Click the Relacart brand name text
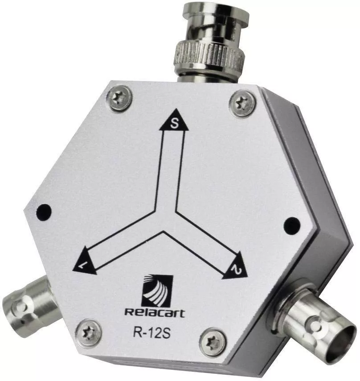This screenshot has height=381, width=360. (x=155, y=312)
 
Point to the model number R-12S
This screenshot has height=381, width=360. (x=151, y=332)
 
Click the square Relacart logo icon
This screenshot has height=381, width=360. (x=157, y=291)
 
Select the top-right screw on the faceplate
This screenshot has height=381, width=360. (x=242, y=103)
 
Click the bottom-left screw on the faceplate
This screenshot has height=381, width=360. (x=89, y=332)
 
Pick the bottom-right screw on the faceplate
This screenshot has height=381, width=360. (x=213, y=342)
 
